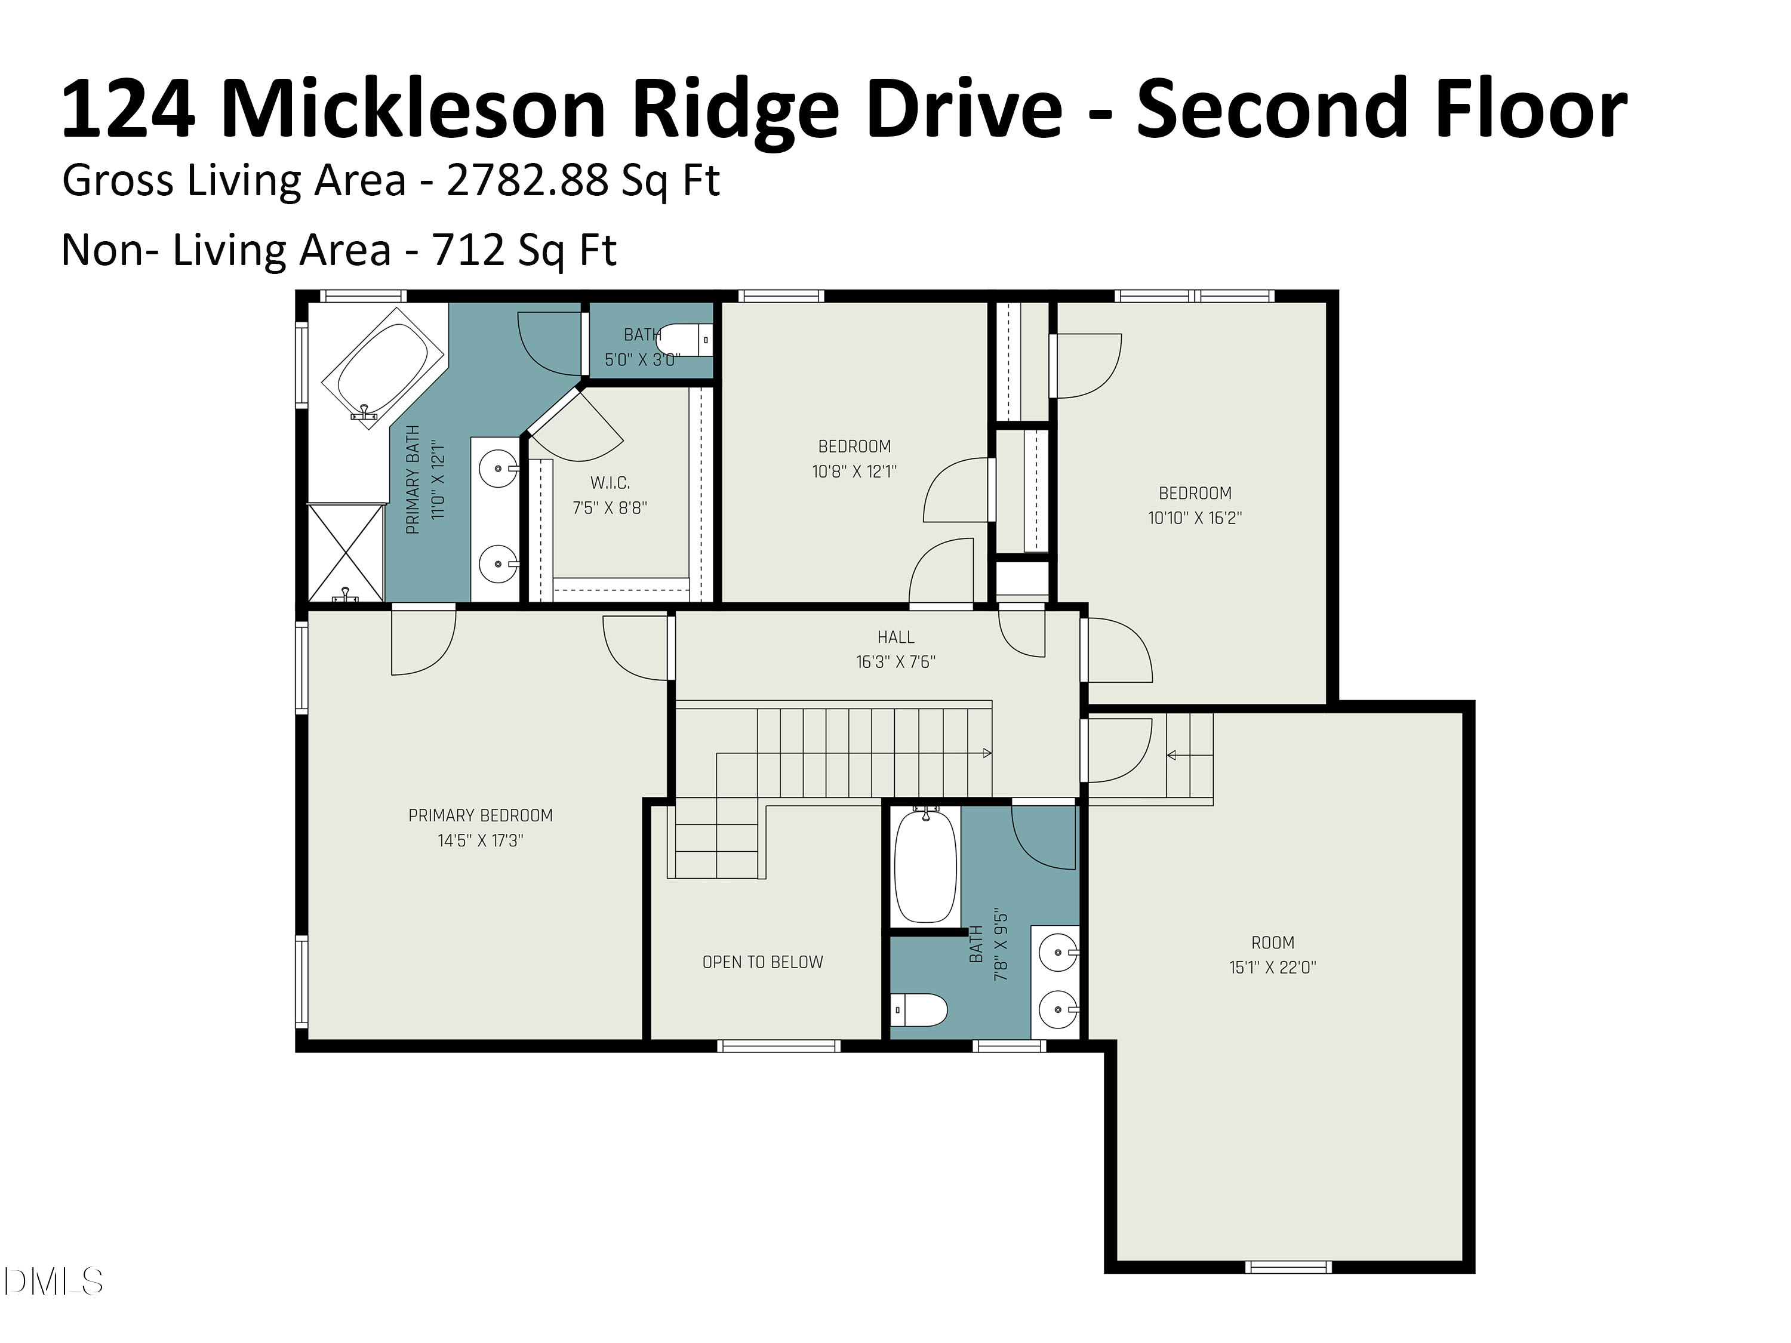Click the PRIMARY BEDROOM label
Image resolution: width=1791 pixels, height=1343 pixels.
tap(480, 815)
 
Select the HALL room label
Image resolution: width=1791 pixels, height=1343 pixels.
tap(895, 637)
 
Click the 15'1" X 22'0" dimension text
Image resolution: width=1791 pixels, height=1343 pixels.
tap(1272, 968)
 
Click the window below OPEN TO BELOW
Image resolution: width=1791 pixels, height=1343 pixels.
tap(778, 1046)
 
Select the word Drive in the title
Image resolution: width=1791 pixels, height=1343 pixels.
tap(964, 109)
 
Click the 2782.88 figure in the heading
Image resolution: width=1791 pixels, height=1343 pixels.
tap(527, 180)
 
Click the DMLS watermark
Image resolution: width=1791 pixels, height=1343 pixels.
tap(53, 1281)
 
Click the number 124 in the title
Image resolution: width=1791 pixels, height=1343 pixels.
tap(128, 109)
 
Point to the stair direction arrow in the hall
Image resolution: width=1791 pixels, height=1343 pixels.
tap(986, 753)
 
